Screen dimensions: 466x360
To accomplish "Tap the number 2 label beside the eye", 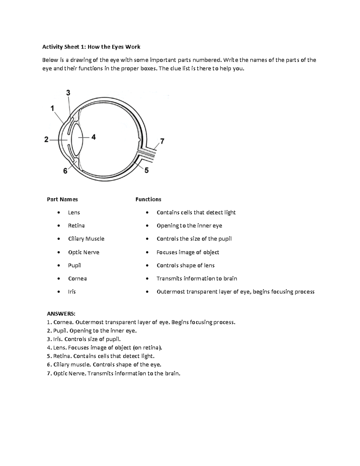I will (x=46, y=140).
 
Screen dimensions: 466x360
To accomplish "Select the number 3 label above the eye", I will (x=68, y=93).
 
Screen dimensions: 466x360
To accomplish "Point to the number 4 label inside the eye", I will (x=94, y=137).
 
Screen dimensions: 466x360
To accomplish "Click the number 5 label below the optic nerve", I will (x=146, y=170).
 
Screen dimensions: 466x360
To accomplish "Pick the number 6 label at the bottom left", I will (x=65, y=171).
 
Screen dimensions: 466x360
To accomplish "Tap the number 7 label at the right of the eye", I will (x=162, y=141).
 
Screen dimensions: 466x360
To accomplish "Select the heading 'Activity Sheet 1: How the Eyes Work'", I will (x=91, y=47).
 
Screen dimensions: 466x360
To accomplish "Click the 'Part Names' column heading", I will (x=62, y=199).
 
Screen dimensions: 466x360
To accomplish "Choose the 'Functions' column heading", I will (x=148, y=199).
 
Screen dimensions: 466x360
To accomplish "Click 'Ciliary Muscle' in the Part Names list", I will (x=86, y=239).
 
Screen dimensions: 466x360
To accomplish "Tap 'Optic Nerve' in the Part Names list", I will (x=83, y=252).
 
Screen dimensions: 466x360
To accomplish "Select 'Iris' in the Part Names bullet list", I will (x=72, y=292).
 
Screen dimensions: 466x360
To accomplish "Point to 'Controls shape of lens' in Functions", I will (x=185, y=266).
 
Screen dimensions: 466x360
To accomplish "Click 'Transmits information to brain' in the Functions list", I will (x=196, y=278).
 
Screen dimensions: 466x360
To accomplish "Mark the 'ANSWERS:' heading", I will (x=61, y=314).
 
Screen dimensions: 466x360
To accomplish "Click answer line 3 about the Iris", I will (x=84, y=339).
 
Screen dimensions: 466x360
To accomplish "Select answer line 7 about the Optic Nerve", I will (x=114, y=374).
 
